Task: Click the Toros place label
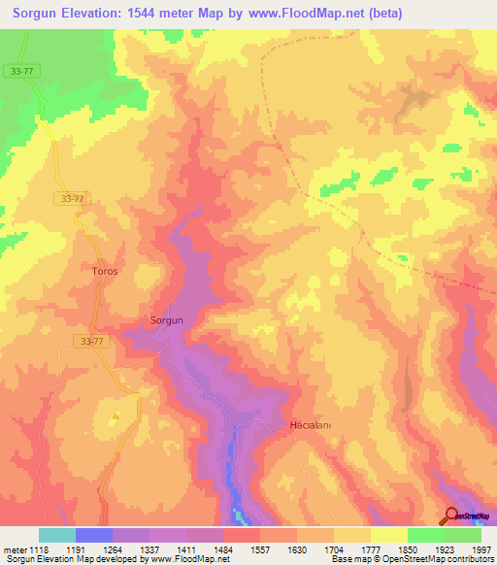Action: click(105, 271)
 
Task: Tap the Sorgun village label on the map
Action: click(167, 319)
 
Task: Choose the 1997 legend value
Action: click(480, 548)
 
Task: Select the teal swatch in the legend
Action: click(57, 535)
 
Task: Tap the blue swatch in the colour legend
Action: click(94, 535)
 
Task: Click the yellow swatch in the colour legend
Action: click(388, 535)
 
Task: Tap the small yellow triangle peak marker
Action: click(116, 416)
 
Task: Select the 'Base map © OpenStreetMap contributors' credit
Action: click(412, 559)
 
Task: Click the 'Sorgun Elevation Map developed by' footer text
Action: click(68, 559)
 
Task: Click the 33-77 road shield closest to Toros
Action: click(71, 198)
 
